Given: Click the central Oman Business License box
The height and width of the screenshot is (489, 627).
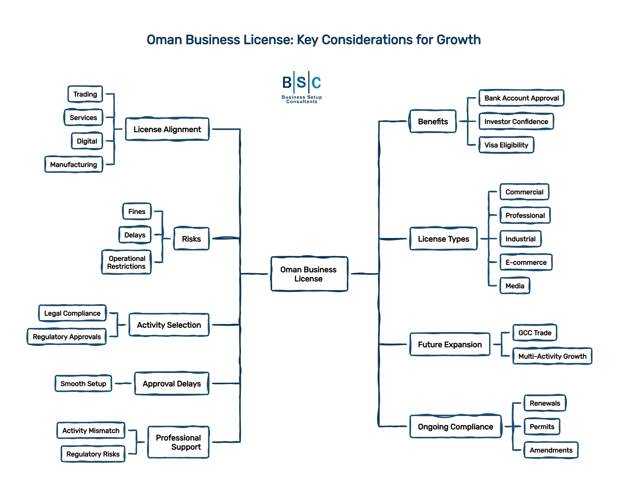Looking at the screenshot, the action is (309, 274).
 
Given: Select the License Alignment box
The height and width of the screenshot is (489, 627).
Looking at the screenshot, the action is (167, 129).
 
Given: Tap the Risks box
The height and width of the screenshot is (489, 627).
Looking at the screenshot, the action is (191, 239).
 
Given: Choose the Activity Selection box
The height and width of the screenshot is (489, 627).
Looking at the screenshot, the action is (169, 325).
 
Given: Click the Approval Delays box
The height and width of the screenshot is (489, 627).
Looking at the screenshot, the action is (172, 384).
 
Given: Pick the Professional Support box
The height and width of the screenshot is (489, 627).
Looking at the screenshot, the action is (178, 442).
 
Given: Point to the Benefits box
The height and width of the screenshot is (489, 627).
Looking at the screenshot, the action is (433, 122).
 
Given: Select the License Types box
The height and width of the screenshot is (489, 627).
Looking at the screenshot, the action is (444, 239).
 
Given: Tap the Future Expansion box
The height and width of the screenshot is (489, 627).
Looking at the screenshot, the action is (450, 345).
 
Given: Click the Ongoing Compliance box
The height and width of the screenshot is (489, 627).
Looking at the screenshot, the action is (455, 427).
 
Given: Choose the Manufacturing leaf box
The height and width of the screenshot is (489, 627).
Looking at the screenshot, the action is (74, 165).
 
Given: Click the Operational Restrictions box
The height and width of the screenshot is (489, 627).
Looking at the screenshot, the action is (126, 262).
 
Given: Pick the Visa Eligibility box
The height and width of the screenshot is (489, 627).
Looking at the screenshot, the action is (506, 145).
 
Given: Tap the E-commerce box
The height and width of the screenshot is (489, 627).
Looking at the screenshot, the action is (526, 262).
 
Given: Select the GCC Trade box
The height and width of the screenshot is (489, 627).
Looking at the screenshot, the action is (535, 333).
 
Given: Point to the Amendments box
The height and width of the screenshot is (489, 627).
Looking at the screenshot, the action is (551, 450).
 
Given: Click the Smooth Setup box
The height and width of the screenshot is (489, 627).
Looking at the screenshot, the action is (83, 384).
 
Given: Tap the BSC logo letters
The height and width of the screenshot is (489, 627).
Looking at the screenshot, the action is (301, 82).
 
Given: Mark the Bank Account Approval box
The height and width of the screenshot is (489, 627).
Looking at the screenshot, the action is (521, 98).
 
